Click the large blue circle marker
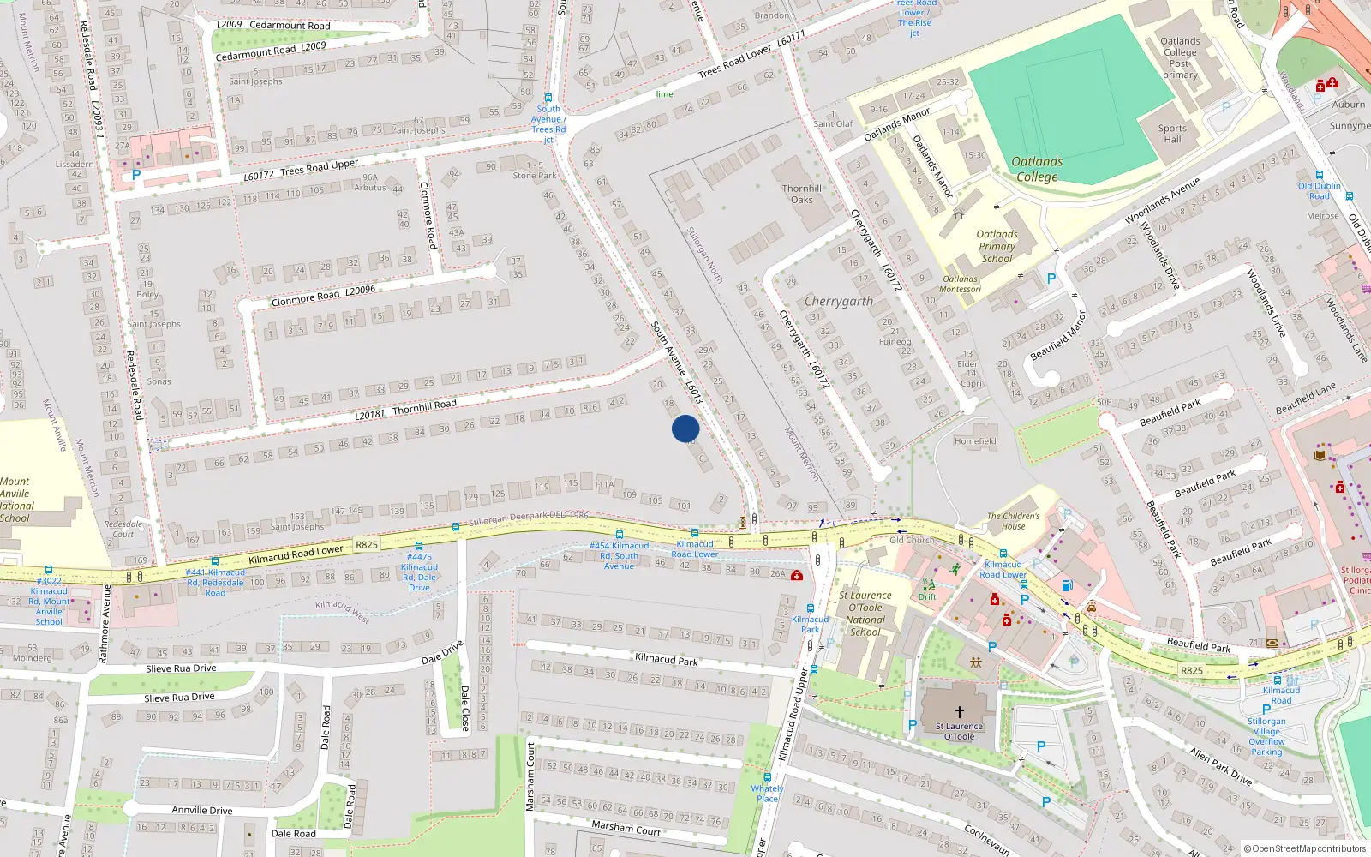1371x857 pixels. (x=685, y=428)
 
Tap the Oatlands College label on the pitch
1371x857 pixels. (x=1037, y=169)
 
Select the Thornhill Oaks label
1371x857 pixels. (x=801, y=194)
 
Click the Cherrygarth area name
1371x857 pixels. (x=839, y=302)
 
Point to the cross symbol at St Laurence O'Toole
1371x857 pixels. (x=960, y=712)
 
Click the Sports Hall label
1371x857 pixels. (x=1172, y=134)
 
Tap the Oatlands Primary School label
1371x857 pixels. (x=997, y=246)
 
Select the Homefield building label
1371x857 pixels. (x=975, y=441)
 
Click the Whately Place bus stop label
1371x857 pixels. (x=767, y=794)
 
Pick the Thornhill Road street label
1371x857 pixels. (x=424, y=406)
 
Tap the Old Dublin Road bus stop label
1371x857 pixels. (x=1319, y=190)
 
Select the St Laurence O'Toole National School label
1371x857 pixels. (x=865, y=614)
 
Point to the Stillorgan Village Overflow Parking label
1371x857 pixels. (x=1266, y=736)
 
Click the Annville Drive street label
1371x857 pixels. (x=202, y=810)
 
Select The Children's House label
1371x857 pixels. (x=1013, y=521)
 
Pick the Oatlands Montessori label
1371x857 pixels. (x=960, y=284)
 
